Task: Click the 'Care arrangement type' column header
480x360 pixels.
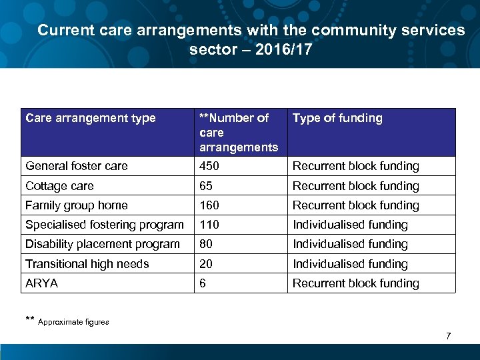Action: coord(90,119)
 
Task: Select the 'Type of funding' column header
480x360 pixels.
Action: coord(337,119)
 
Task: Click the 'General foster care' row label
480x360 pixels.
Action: coord(77,166)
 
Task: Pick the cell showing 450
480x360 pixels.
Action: coord(209,166)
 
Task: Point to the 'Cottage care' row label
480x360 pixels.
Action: coord(59,186)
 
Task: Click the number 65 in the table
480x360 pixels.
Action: coord(206,186)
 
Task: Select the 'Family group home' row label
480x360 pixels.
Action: coord(76,205)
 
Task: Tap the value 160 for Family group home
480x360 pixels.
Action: coord(209,205)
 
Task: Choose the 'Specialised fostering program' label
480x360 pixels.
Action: coord(104,225)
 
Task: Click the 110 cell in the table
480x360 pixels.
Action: coord(209,225)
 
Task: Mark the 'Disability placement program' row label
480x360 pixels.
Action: coord(102,244)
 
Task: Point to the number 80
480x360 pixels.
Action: coord(206,244)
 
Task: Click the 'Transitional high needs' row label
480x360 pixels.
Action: coord(87,264)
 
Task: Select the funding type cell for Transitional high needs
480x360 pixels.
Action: coord(350,264)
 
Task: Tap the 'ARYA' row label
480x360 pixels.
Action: coord(41,283)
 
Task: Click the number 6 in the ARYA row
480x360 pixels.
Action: coord(203,283)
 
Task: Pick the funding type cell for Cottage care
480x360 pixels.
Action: coord(355,186)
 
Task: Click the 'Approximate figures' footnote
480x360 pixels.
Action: coord(73,322)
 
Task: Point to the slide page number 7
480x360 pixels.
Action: coord(448,336)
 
